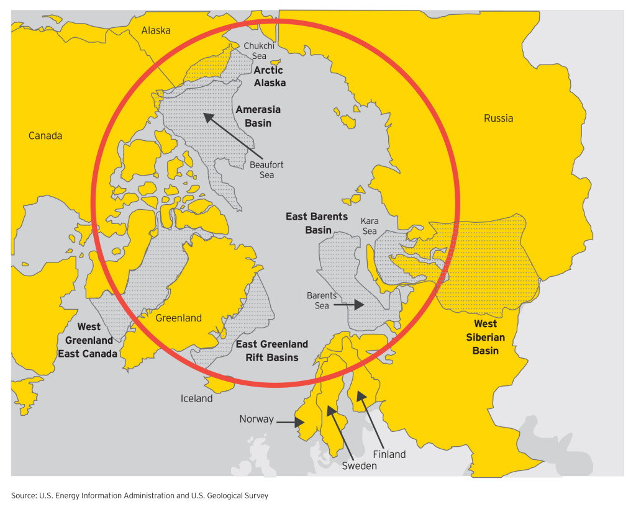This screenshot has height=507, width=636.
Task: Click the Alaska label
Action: pyautogui.click(x=155, y=30)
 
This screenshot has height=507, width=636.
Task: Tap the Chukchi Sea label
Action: pyautogui.click(x=255, y=51)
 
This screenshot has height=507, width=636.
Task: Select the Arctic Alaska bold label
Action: pyautogui.click(x=269, y=76)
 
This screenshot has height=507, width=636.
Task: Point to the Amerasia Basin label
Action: pyautogui.click(x=258, y=116)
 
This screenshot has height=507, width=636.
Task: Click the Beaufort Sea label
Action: pyautogui.click(x=266, y=169)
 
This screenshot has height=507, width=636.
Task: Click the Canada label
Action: pyautogui.click(x=45, y=135)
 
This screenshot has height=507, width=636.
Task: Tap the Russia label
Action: pyautogui.click(x=498, y=118)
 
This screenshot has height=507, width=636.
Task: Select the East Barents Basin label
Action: pyautogui.click(x=317, y=223)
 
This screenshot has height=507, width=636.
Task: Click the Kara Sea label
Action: pyautogui.click(x=370, y=226)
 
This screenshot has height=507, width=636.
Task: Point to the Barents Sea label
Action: pyautogui.click(x=322, y=300)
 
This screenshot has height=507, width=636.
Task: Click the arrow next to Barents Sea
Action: pyautogui.click(x=352, y=305)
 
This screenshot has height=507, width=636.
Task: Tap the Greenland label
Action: pyautogui.click(x=178, y=318)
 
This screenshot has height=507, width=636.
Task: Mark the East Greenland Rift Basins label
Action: pyautogui.click(x=271, y=351)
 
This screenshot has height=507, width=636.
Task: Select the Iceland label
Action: pyautogui.click(x=196, y=398)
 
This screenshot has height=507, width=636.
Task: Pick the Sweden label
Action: pyautogui.click(x=359, y=465)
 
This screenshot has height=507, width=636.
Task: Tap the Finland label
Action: pyautogui.click(x=389, y=454)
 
